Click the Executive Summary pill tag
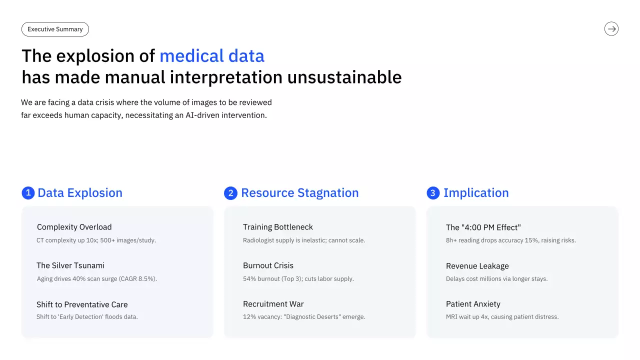55,29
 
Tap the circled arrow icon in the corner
611,29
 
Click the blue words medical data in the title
211,55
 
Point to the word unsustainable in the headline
344,77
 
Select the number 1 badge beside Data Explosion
28,193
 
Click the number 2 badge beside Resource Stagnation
230,193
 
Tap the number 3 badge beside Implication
433,193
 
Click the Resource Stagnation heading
299,193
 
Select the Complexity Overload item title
74,227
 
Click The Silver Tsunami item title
70,265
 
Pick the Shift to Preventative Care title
82,304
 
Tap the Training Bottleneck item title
277,227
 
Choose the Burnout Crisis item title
268,265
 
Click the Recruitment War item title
273,304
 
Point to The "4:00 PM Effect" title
483,227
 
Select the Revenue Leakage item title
477,266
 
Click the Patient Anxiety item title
473,304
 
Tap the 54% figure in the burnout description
249,279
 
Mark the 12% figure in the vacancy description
249,317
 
